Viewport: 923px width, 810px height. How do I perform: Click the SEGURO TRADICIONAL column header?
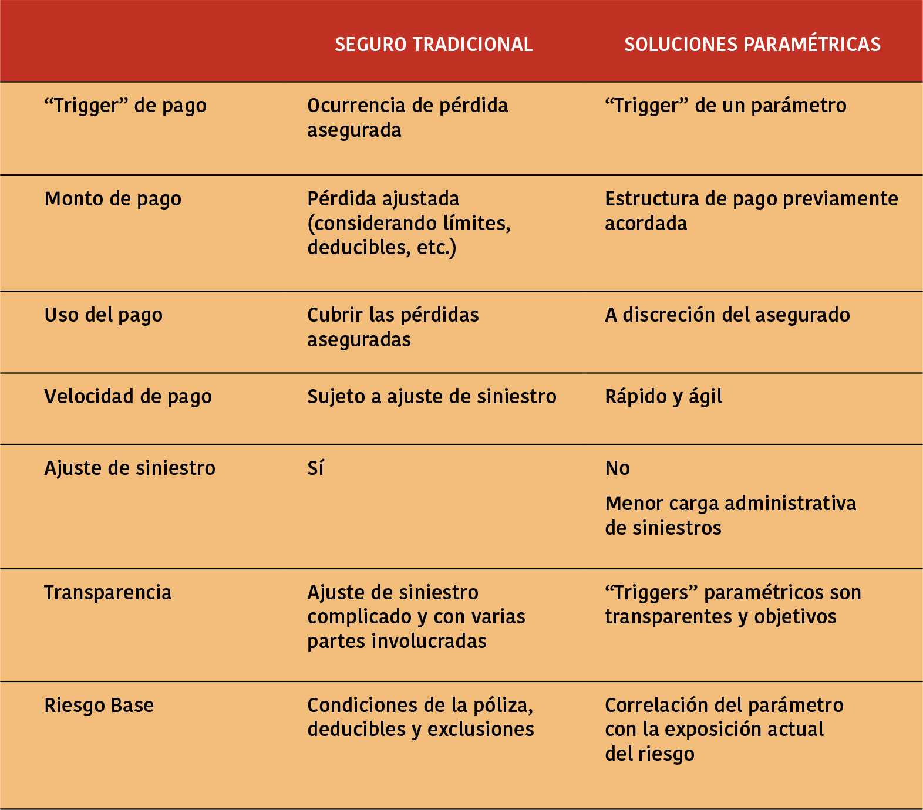pos(433,45)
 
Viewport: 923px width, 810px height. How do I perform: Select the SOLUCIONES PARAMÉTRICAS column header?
pos(752,45)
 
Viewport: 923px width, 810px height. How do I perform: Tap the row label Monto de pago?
pos(113,199)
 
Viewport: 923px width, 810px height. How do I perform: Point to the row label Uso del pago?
pos(103,315)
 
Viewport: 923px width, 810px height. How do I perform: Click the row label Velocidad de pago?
pos(128,397)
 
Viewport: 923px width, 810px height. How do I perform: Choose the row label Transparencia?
pos(108,593)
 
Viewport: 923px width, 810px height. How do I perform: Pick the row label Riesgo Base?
pos(99,705)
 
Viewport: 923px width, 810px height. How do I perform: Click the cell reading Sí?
pos(315,468)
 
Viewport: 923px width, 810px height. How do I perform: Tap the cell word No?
pos(617,468)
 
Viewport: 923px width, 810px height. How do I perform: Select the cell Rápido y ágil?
pos(663,397)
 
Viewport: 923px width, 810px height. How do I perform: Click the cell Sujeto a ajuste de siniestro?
pos(432,397)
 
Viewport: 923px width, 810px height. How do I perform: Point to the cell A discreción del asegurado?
pos(727,315)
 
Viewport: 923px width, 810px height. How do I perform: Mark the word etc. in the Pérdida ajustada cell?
pos(436,248)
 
